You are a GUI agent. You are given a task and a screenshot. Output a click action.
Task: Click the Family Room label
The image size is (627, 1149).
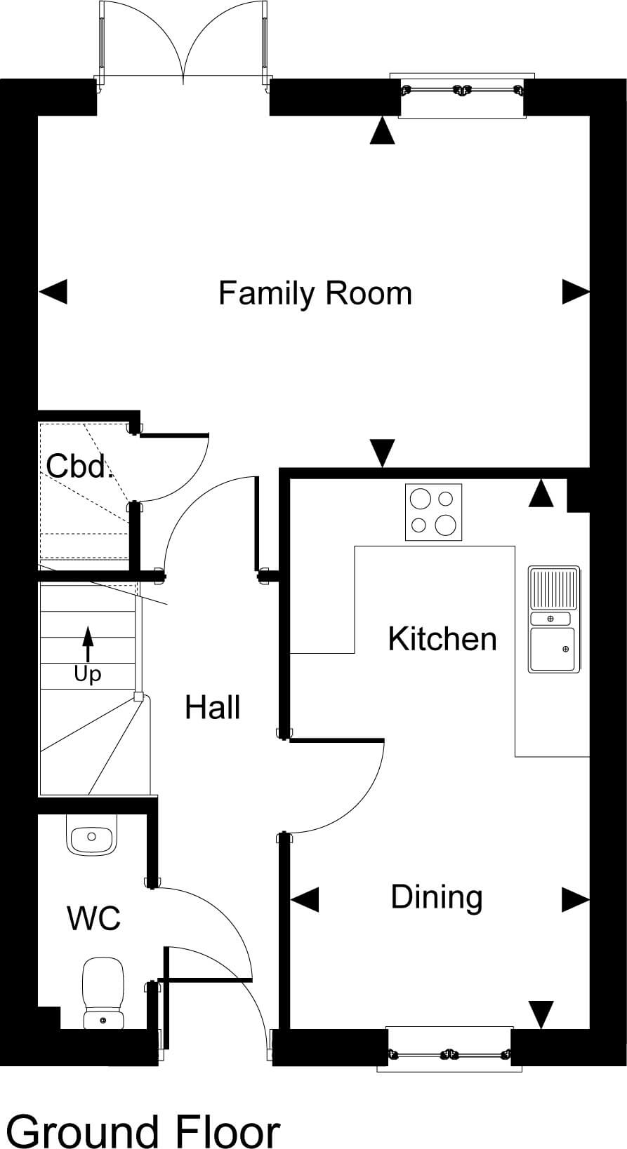tap(315, 293)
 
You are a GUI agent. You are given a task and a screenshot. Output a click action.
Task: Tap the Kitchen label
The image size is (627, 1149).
tap(442, 639)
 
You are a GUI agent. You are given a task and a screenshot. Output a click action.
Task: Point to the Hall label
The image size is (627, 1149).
tap(213, 707)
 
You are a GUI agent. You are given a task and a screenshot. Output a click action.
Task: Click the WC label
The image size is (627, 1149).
tap(94, 918)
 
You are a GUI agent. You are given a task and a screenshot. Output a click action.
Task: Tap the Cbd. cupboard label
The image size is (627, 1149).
tap(79, 466)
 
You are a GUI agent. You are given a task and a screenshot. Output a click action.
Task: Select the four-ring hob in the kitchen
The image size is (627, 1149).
tap(433, 512)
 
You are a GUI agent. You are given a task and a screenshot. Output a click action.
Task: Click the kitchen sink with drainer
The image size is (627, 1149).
tap(554, 619)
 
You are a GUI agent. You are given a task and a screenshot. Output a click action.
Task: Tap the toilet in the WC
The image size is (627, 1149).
tap(103, 993)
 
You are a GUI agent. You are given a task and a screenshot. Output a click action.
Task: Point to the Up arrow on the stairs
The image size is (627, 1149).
tap(88, 644)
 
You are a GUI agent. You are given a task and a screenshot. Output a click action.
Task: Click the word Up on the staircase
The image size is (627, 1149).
tap(87, 675)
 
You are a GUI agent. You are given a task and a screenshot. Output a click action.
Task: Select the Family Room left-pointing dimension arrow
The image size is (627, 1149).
tap(53, 292)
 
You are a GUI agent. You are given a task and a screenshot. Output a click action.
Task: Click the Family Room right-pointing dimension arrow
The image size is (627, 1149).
tap(576, 292)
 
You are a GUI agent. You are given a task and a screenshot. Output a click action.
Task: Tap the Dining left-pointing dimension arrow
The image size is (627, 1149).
tap(305, 900)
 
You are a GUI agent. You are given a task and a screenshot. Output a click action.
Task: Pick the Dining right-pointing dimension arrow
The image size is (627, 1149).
tap(576, 900)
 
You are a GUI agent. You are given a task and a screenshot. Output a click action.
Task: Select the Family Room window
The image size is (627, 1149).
tap(462, 90)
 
